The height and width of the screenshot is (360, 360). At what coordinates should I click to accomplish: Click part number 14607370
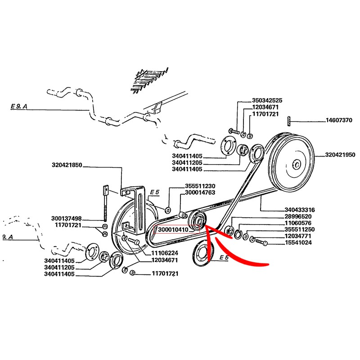(339, 120)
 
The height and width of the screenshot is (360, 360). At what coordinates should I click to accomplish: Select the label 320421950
(340, 155)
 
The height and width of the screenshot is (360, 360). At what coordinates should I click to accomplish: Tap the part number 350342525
(267, 100)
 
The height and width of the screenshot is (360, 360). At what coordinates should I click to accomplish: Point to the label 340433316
(300, 210)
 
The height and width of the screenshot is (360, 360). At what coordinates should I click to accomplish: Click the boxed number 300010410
(173, 229)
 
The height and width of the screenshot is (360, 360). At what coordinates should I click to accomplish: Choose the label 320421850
(67, 165)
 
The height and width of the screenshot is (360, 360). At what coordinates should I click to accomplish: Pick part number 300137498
(66, 218)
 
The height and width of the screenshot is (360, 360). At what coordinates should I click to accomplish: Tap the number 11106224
(165, 253)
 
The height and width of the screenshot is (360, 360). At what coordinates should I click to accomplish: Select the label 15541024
(298, 243)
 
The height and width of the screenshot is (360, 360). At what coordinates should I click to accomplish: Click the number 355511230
(200, 186)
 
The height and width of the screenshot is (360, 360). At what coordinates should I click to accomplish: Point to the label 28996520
(298, 216)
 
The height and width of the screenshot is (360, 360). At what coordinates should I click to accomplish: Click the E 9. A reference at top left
(19, 106)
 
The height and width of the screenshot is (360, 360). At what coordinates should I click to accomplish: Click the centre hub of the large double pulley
(297, 165)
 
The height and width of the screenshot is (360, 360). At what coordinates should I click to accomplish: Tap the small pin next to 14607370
(288, 121)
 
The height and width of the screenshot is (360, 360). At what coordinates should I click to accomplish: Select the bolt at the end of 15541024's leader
(261, 242)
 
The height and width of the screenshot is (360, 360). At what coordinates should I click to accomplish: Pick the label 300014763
(200, 193)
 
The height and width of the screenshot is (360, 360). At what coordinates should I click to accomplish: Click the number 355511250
(300, 229)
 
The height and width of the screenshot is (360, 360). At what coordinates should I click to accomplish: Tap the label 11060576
(298, 223)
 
